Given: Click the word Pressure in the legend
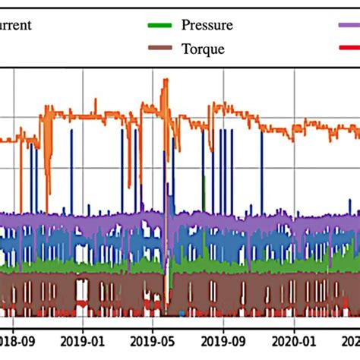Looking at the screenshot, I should pyautogui.click(x=207, y=24).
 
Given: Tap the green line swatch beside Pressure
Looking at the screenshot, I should pyautogui.click(x=159, y=24).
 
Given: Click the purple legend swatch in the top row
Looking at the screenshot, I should pyautogui.click(x=349, y=24).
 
